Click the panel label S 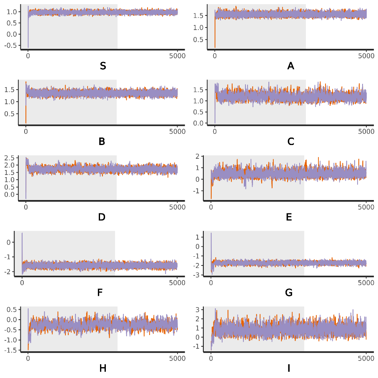(103, 66)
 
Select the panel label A (291, 66)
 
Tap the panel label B (102, 142)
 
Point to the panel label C (291, 142)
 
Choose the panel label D (102, 217)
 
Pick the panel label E (289, 217)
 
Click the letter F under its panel (100, 293)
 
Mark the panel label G (289, 293)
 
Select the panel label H (103, 368)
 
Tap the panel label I (289, 368)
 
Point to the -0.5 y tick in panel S (11, 45)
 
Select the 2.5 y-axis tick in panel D (10, 158)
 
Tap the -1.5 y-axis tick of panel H (11, 350)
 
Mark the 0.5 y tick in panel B (10, 113)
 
